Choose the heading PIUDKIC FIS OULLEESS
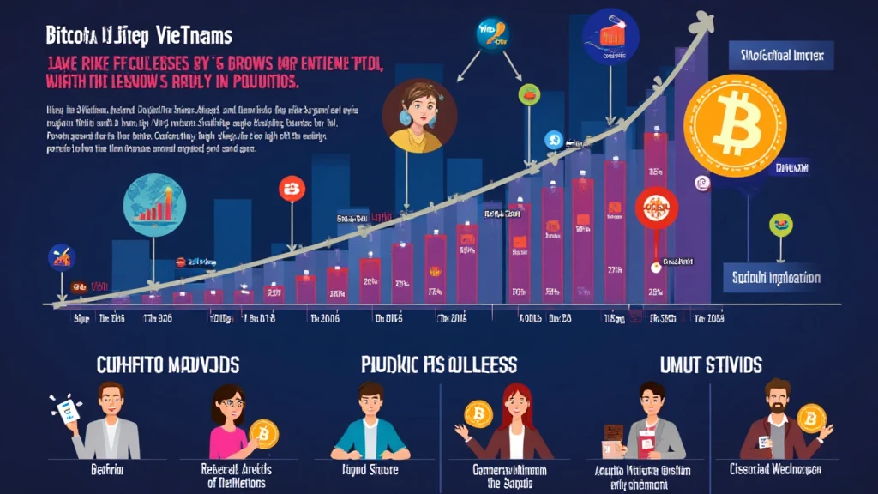point(438,364)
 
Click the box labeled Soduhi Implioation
point(776,278)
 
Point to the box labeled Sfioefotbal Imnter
point(780,56)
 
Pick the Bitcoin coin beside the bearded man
point(810,418)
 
